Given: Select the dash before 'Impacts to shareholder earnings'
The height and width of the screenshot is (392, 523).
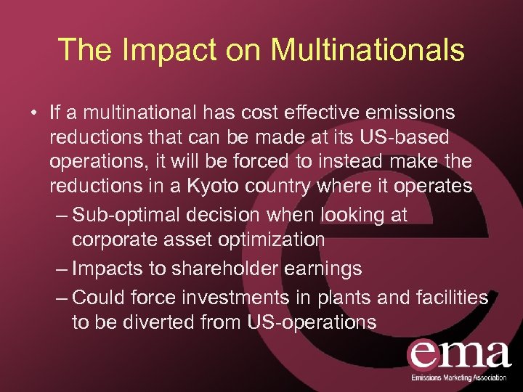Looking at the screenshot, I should click(62, 269).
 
